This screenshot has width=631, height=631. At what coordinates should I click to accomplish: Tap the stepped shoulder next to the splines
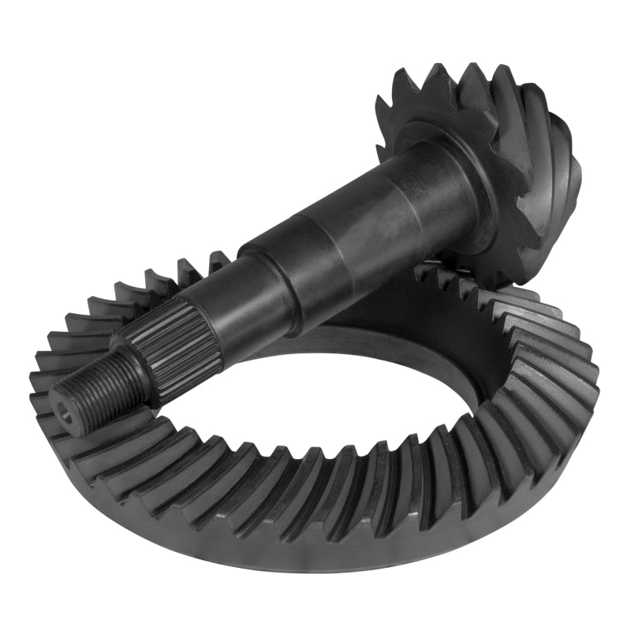click(213, 300)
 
